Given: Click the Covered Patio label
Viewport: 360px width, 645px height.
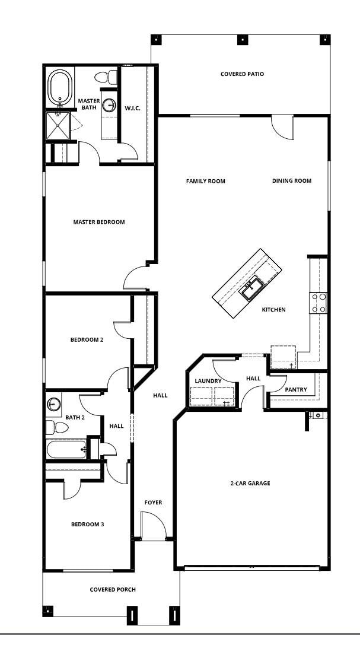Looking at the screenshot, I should tap(242, 74).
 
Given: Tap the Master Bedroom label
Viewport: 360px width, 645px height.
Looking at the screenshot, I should tap(99, 222).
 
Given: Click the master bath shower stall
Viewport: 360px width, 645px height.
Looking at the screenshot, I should tap(58, 126).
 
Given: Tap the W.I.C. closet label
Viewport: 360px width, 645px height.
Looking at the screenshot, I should tap(132, 108).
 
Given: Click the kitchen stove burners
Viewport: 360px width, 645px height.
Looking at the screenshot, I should tap(318, 303).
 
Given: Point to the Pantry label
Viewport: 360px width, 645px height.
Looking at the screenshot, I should tap(295, 390).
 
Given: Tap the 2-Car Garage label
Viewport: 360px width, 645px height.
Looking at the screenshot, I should tap(250, 484).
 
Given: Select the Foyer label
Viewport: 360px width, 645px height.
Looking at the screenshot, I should tap(153, 503).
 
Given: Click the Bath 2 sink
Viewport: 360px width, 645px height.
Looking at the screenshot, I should tap(54, 404).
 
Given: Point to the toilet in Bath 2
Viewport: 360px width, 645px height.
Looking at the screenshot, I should tap(58, 427).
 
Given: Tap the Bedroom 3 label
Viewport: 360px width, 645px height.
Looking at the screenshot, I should tap(88, 524).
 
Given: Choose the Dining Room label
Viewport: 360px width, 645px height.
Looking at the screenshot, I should tap(292, 181).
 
